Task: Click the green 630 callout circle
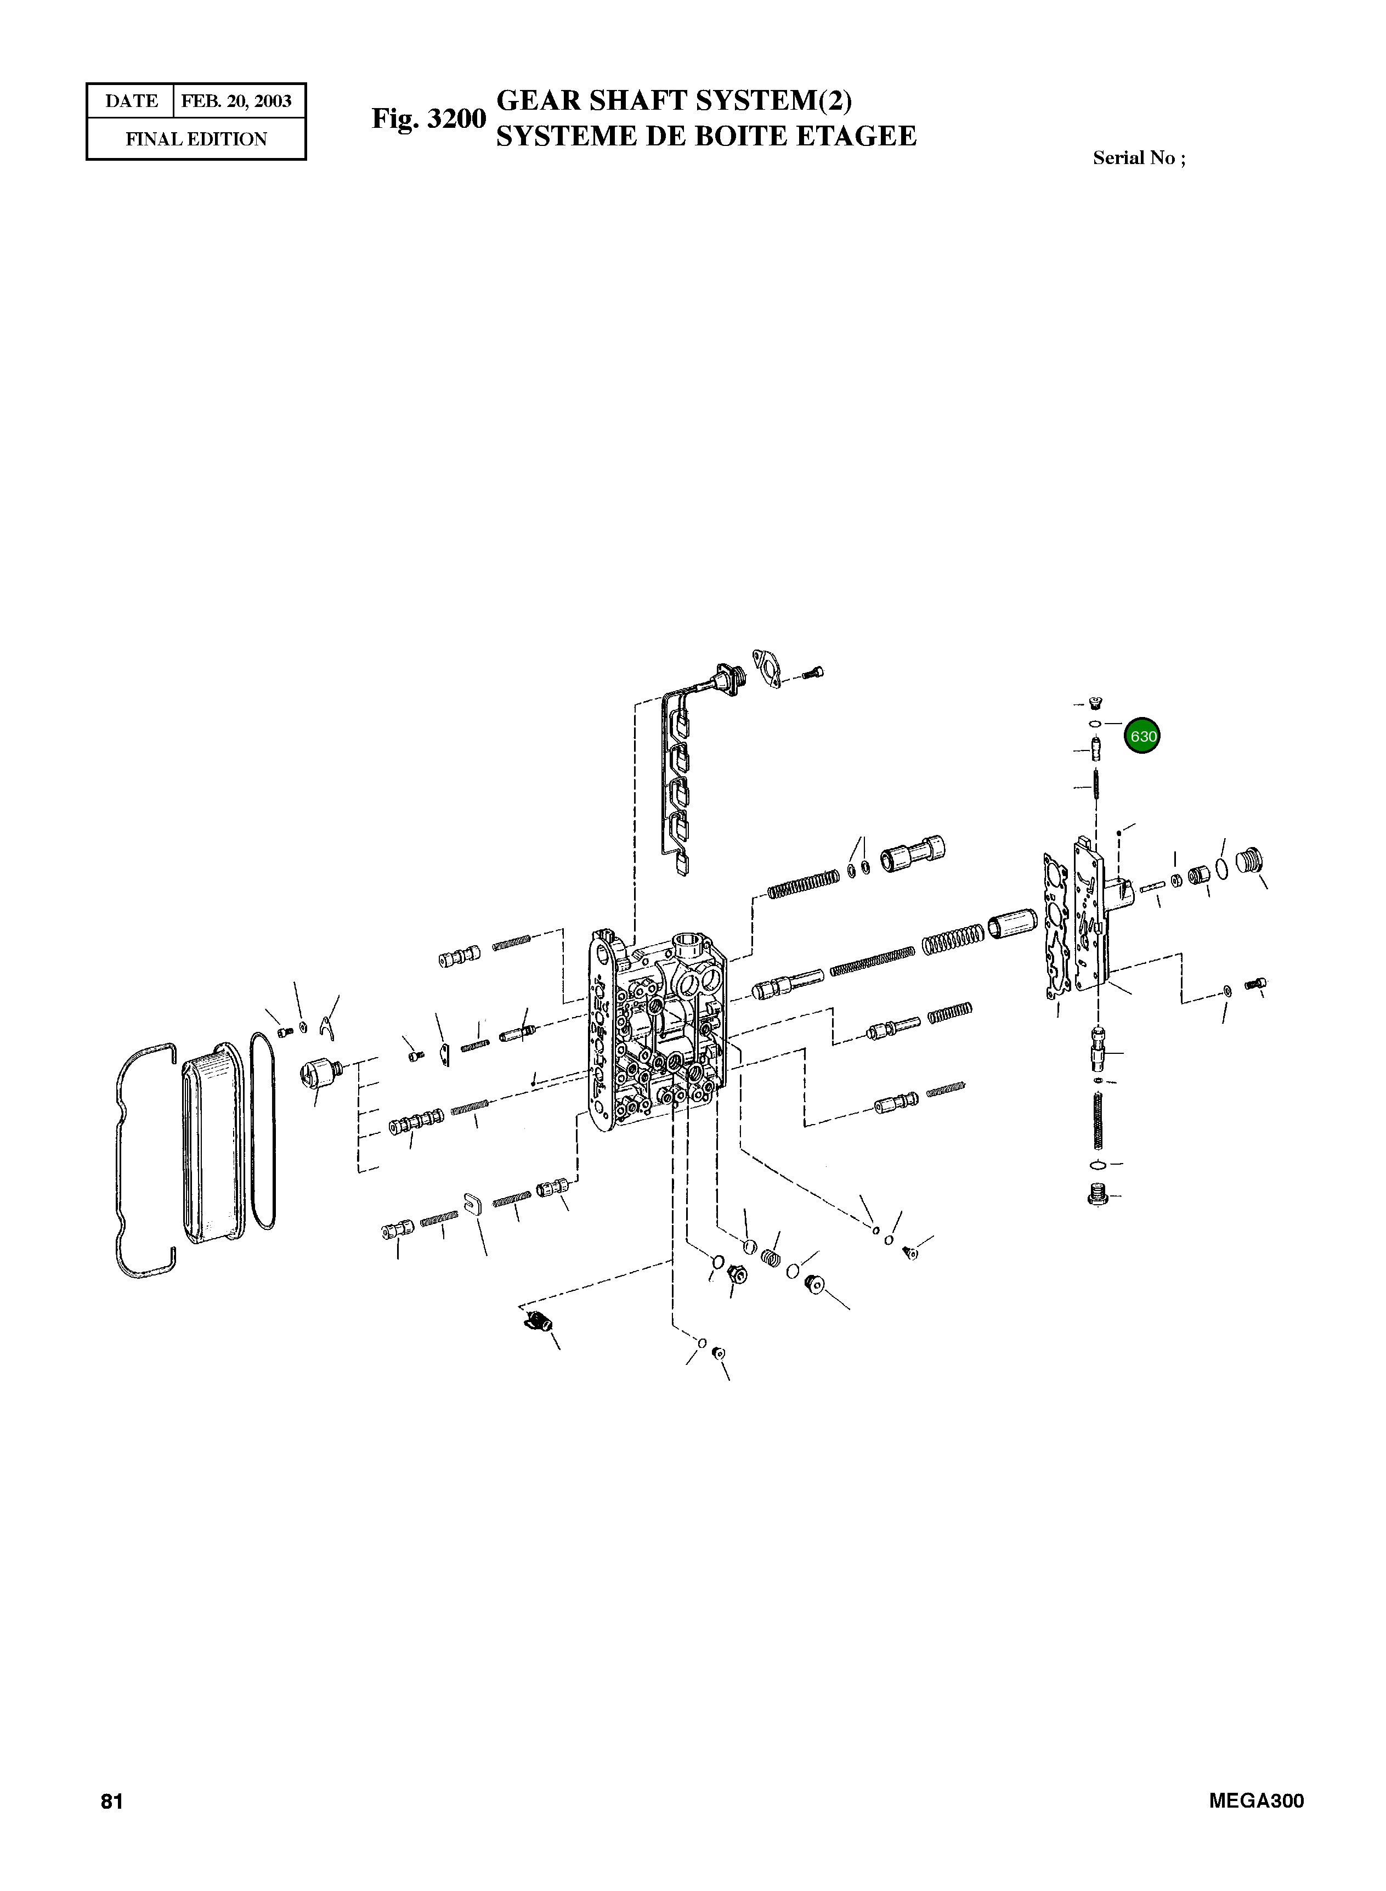(1142, 736)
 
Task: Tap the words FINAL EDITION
(196, 139)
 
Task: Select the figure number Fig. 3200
(429, 118)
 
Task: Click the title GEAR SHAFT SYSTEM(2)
(675, 101)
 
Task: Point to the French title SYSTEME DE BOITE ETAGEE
(706, 136)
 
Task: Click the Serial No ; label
(1139, 158)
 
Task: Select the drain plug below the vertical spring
(1096, 1195)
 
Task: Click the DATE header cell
(131, 101)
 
